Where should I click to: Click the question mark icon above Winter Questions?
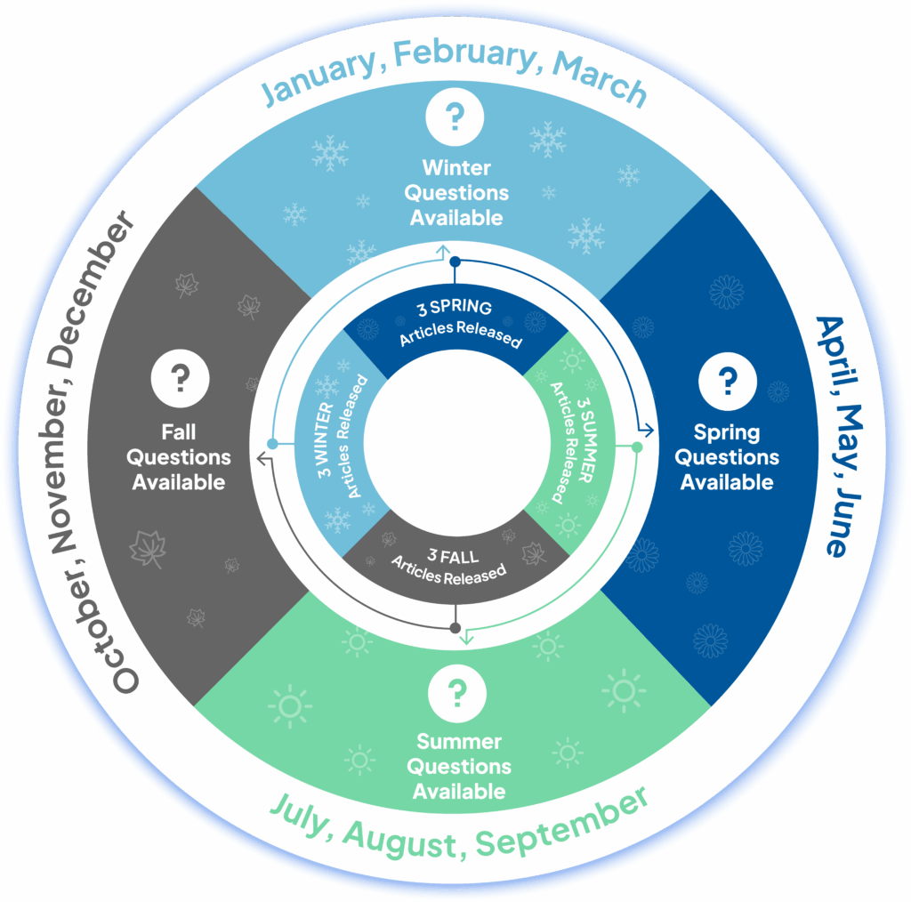tap(455, 117)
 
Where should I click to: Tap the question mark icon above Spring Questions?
tap(727, 381)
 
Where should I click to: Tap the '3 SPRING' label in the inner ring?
tap(455, 310)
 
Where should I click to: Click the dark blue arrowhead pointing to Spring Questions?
tap(648, 431)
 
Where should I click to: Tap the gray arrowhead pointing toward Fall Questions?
tap(262, 459)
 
